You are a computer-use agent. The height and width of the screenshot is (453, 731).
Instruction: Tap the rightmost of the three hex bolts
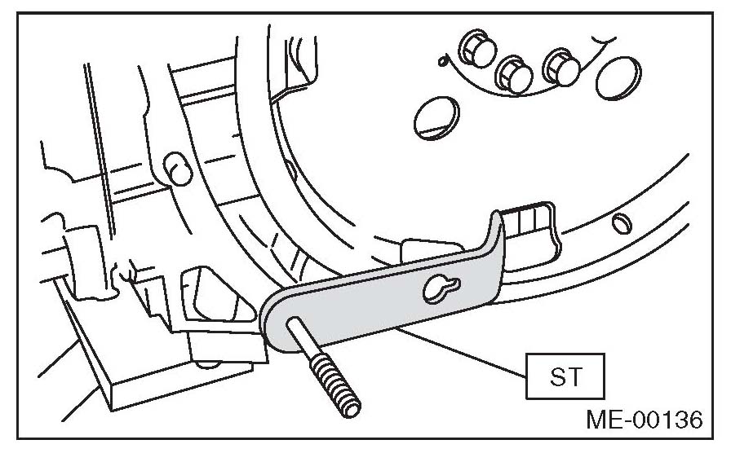[560, 67]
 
